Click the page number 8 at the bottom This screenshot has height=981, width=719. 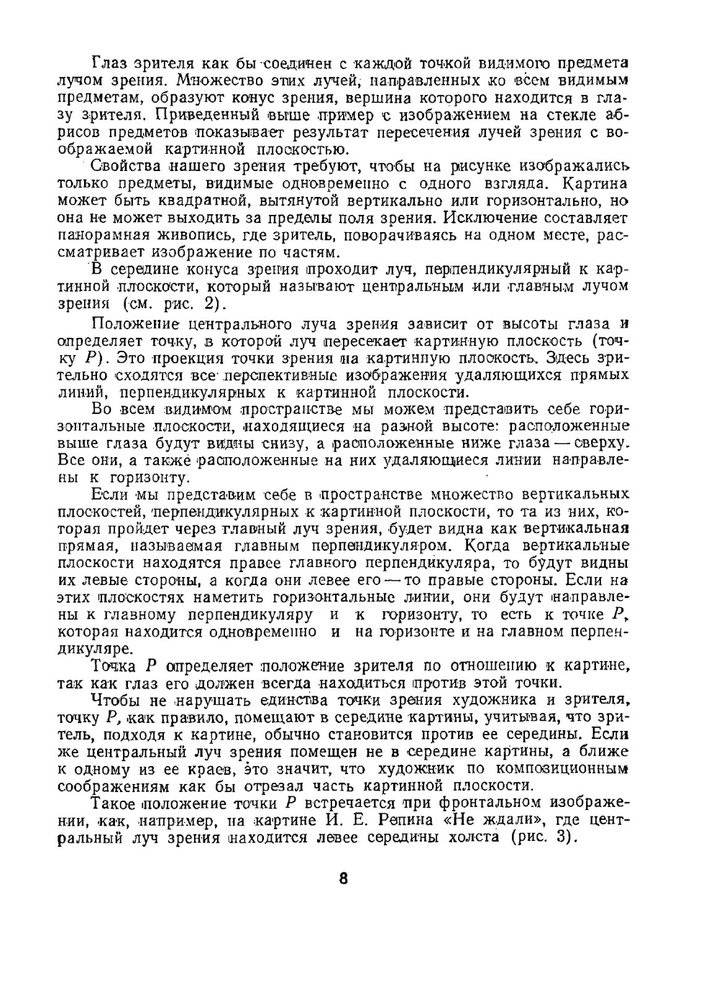pos(343,878)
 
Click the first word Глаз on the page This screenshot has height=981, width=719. pos(106,63)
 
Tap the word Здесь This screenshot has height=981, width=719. pos(569,357)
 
